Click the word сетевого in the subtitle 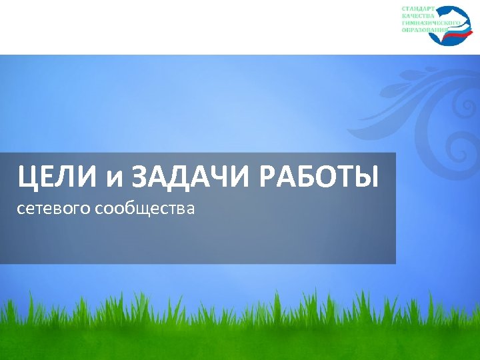[54, 210]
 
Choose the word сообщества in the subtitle [145, 210]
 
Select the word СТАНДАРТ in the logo [418, 9]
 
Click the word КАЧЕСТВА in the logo [418, 16]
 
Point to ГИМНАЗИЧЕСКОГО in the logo [431, 23]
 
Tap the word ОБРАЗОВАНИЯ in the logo [425, 31]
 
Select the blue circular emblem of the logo [448, 25]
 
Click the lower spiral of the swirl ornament [461, 145]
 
